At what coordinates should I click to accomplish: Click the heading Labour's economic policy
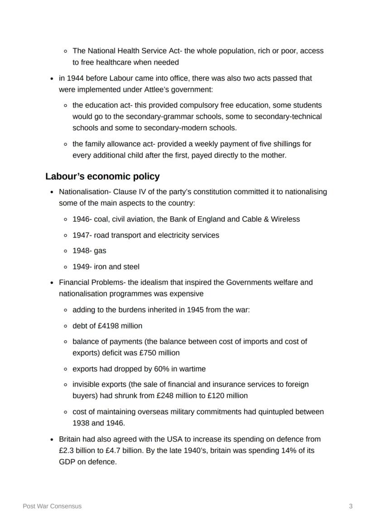(x=102, y=176)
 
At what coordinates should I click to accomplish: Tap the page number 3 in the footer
(x=351, y=506)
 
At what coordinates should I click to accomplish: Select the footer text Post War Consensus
(x=52, y=506)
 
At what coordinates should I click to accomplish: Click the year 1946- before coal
(x=82, y=219)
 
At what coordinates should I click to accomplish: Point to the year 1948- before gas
(x=82, y=251)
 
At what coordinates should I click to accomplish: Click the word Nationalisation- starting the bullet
(x=85, y=192)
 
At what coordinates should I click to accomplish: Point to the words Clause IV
(x=129, y=192)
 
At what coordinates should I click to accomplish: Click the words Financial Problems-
(x=92, y=282)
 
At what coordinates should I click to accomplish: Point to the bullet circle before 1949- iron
(x=66, y=267)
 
